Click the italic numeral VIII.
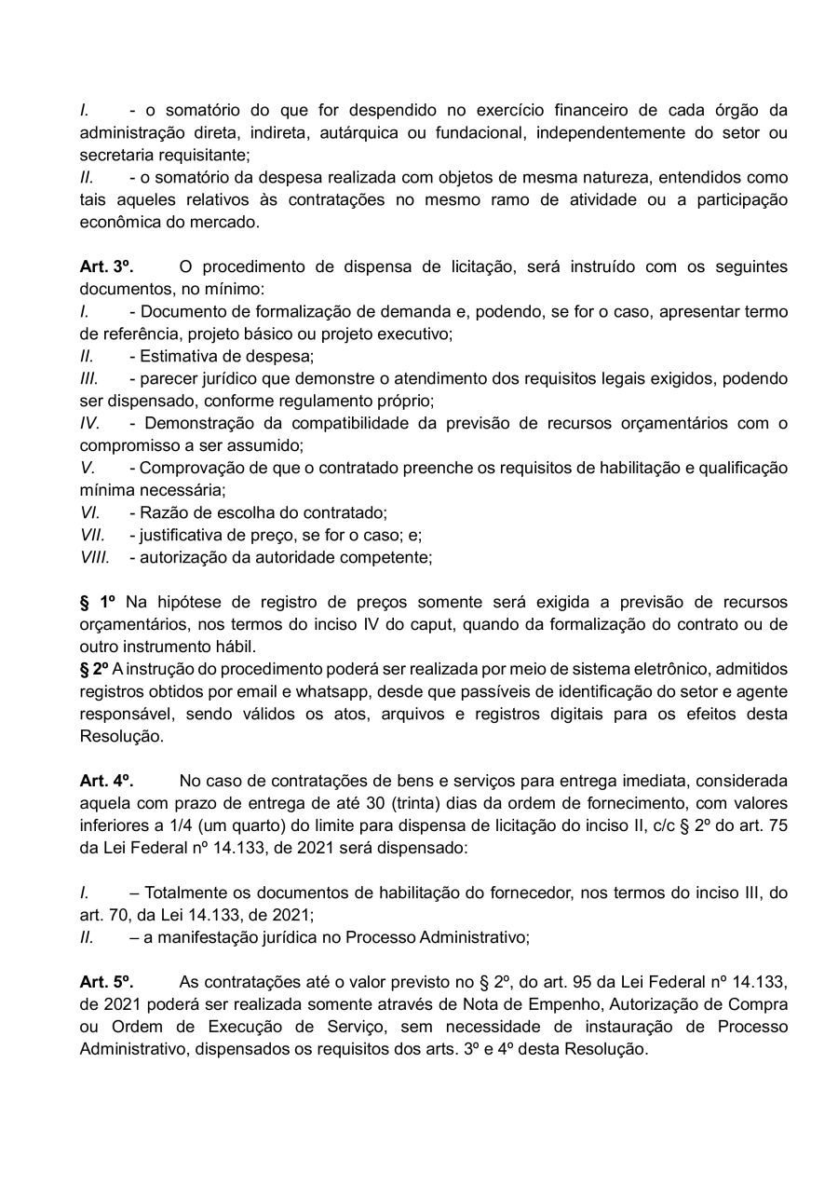tap(94, 557)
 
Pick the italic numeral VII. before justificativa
tap(92, 535)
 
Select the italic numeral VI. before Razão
tap(90, 512)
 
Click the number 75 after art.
tap(777, 825)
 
